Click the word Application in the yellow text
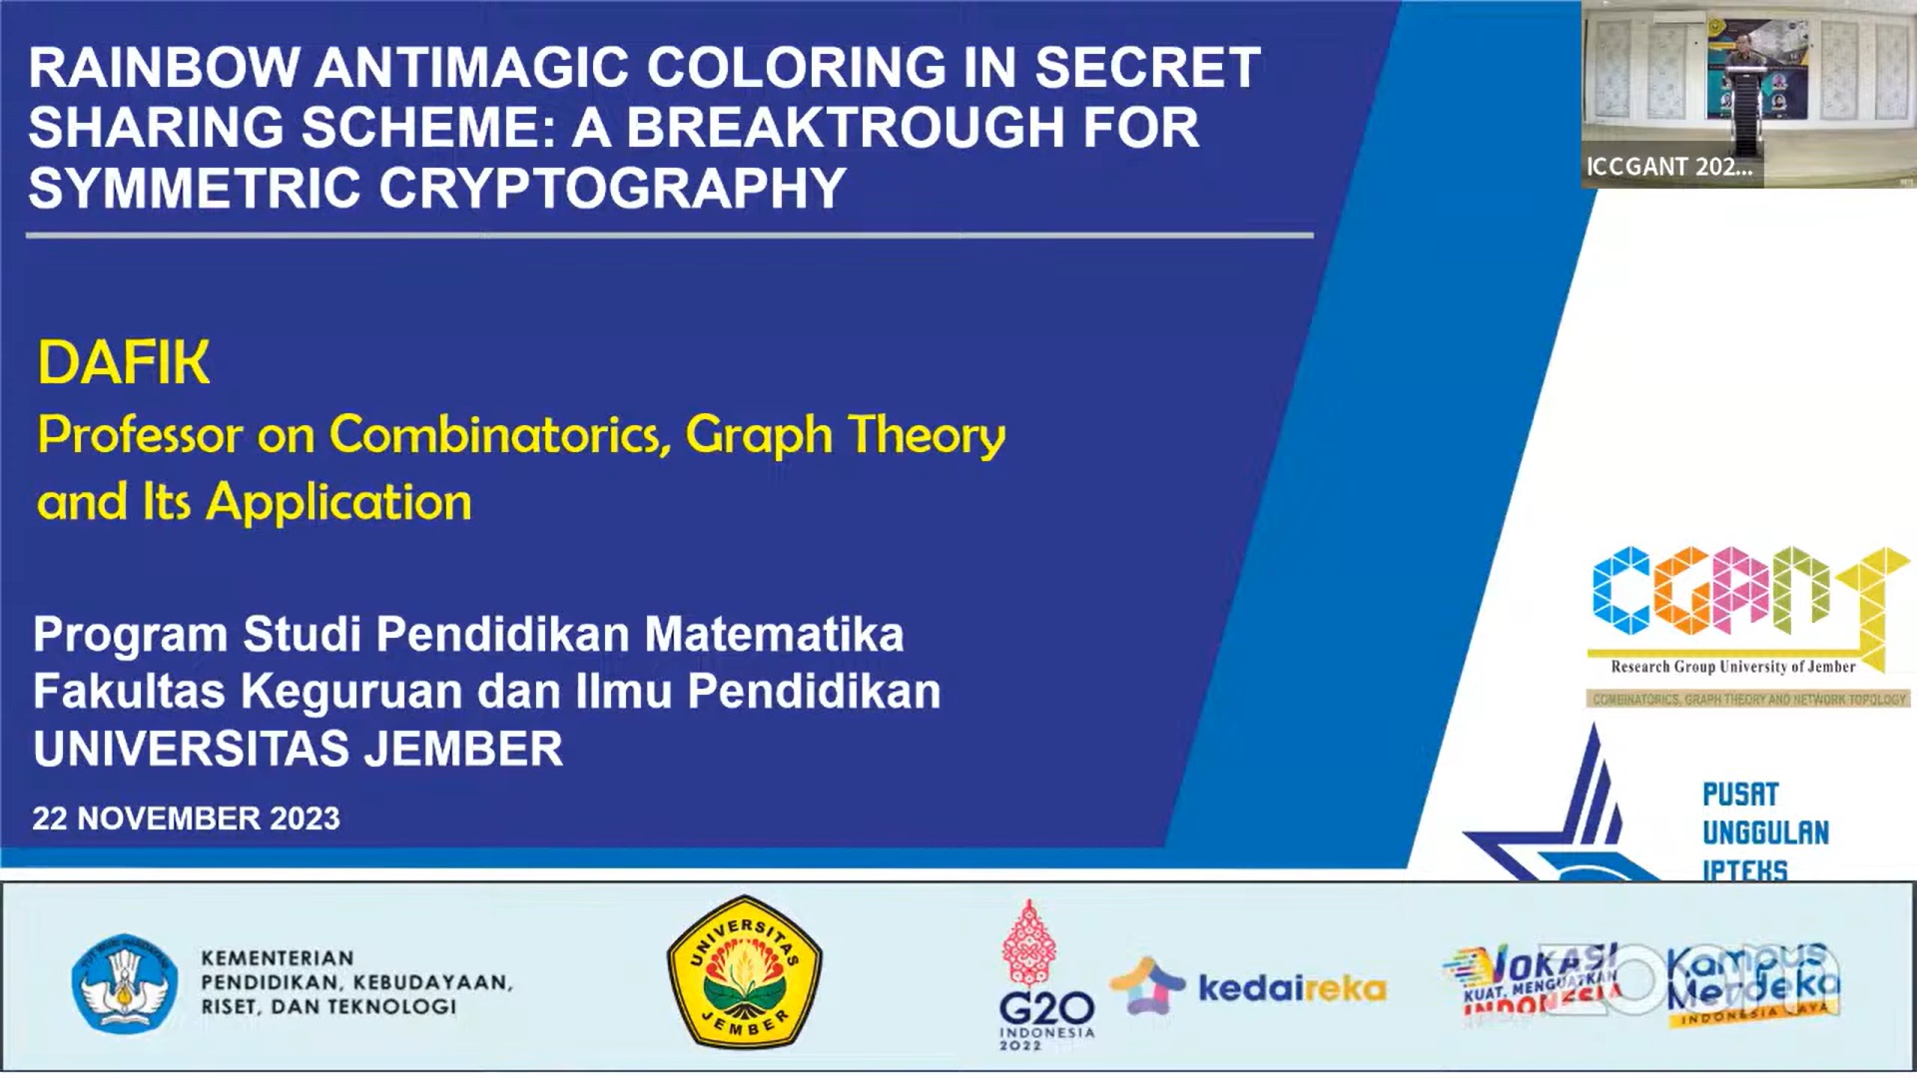(338, 502)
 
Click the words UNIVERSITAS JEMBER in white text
(298, 750)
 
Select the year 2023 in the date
(305, 818)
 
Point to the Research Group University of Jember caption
(1732, 667)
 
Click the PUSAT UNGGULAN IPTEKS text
(1765, 831)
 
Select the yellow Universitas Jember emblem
(744, 971)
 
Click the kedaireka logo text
(1292, 988)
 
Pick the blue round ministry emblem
(125, 983)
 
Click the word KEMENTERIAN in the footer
(278, 958)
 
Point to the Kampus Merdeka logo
(1752, 982)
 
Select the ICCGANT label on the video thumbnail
(1669, 167)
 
